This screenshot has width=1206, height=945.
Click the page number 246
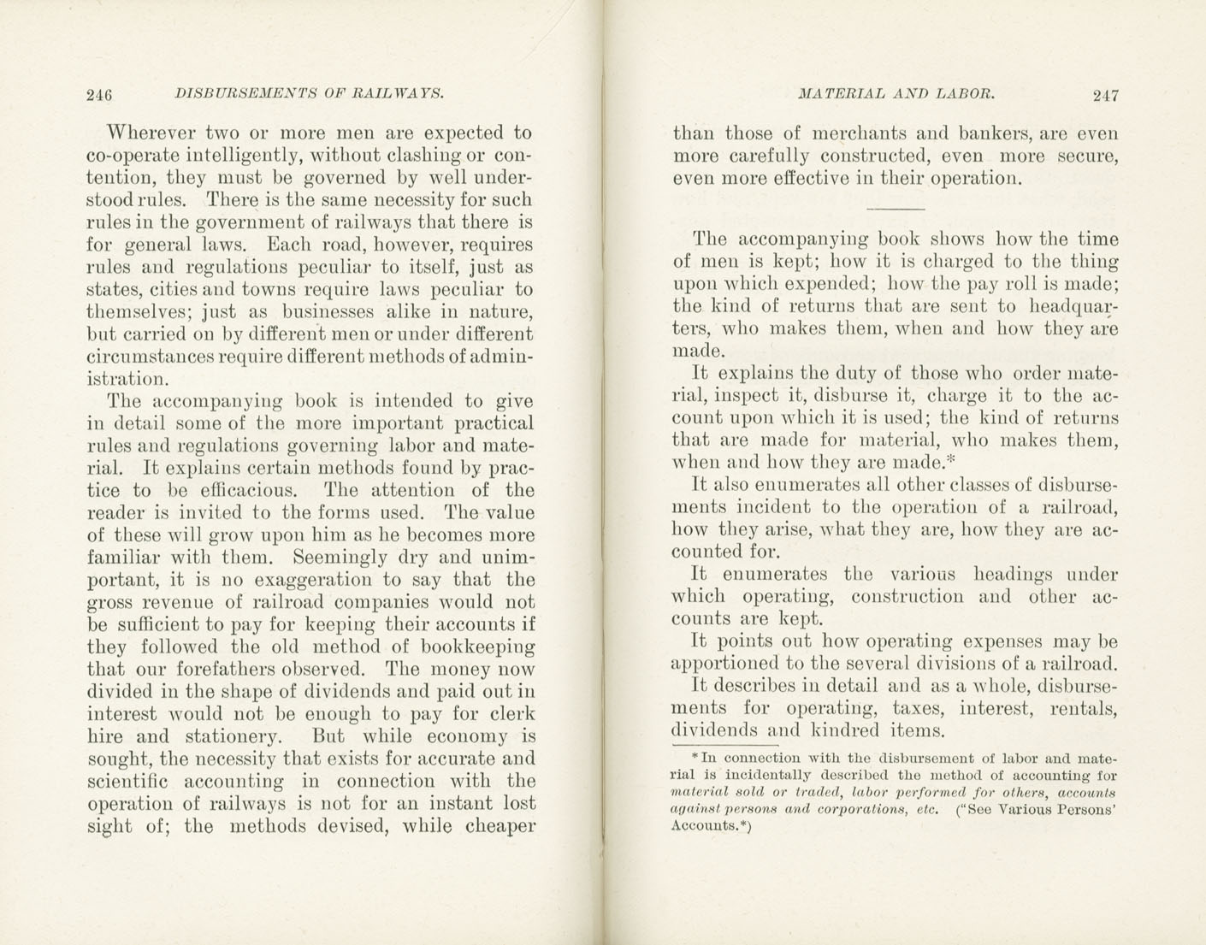tap(100, 95)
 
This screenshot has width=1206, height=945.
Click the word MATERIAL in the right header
tap(839, 93)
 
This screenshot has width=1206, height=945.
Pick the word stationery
tap(235, 736)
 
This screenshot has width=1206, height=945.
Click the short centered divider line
tap(896, 209)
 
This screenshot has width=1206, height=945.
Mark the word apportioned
tap(728, 664)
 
